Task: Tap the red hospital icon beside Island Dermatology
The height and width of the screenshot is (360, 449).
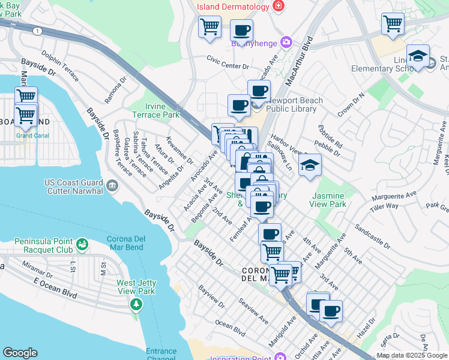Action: pos(278,6)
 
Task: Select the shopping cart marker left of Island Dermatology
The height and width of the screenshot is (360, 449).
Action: pos(209,27)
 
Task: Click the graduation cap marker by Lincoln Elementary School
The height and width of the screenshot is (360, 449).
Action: pos(418,56)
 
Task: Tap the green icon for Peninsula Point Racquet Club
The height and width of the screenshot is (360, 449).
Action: pos(82,245)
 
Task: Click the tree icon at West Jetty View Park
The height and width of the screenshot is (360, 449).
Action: pos(136,305)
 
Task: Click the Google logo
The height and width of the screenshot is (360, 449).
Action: pos(20,352)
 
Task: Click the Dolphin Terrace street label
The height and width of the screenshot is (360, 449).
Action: pos(60,68)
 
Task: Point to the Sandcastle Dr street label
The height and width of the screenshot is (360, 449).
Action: pos(372,237)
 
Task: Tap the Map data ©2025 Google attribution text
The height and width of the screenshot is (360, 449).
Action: pos(411,355)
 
